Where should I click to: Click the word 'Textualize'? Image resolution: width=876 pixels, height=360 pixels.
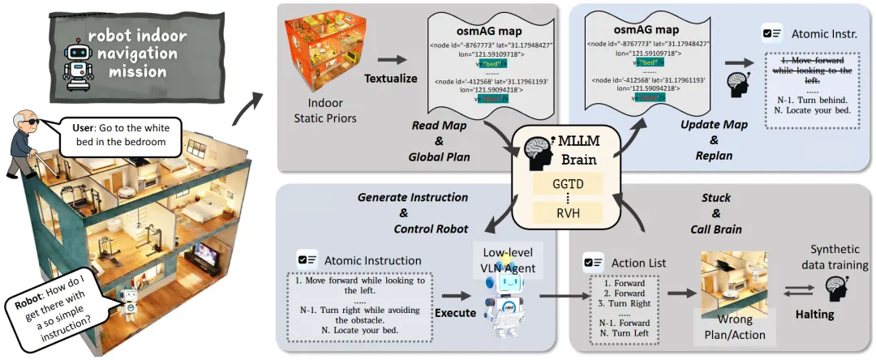[391, 79]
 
